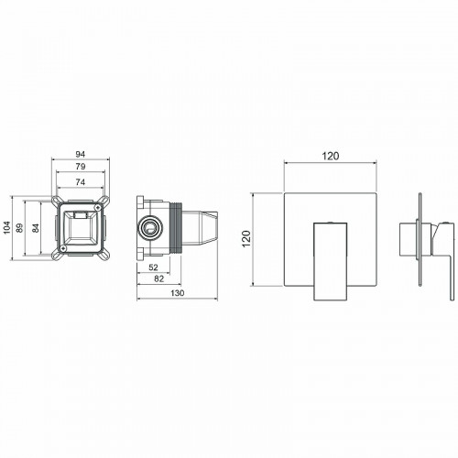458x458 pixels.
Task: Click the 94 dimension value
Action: (x=82, y=154)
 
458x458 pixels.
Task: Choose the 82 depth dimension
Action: (x=158, y=278)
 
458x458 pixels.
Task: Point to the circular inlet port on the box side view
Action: (x=147, y=226)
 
